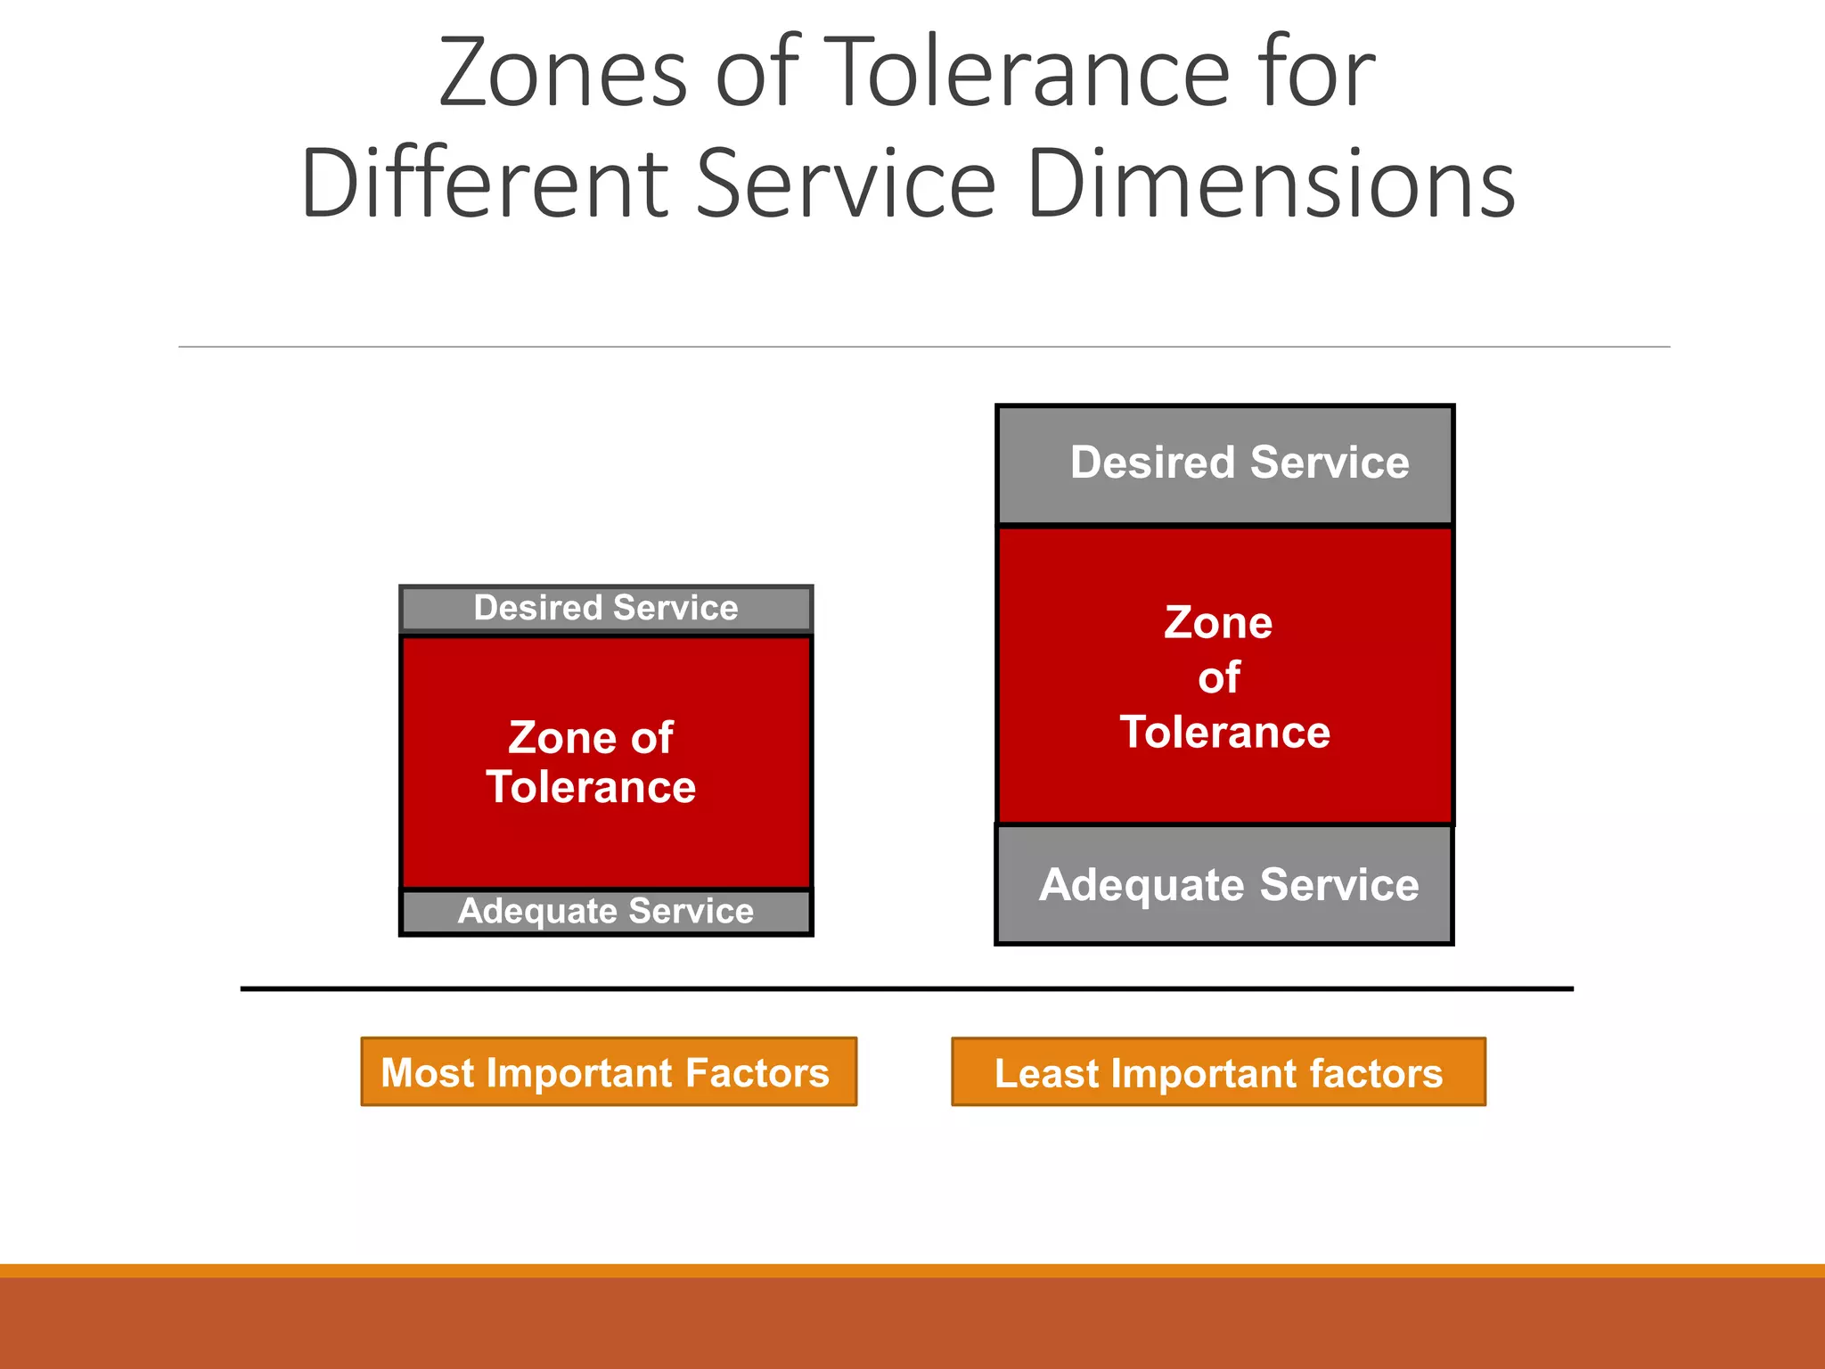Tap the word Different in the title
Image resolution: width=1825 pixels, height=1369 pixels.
[x=485, y=184]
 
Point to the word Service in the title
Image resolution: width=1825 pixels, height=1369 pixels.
[x=845, y=184]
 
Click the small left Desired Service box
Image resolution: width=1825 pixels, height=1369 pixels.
[x=606, y=609]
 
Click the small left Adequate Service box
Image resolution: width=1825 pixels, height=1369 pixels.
[x=606, y=912]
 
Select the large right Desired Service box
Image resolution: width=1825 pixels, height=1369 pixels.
[x=1225, y=464]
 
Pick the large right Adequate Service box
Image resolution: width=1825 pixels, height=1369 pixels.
[x=1224, y=885]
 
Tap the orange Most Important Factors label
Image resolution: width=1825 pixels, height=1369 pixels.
[x=609, y=1072]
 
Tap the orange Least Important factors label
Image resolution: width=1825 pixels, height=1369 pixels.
[x=1218, y=1072]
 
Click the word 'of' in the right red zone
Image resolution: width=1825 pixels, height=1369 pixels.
[x=1219, y=678]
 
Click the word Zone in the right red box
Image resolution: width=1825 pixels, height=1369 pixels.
[x=1218, y=623]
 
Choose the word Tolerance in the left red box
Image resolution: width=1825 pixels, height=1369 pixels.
[x=591, y=788]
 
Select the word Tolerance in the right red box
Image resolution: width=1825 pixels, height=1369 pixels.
[x=1225, y=733]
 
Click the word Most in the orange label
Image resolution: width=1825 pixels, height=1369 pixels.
[x=427, y=1072]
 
